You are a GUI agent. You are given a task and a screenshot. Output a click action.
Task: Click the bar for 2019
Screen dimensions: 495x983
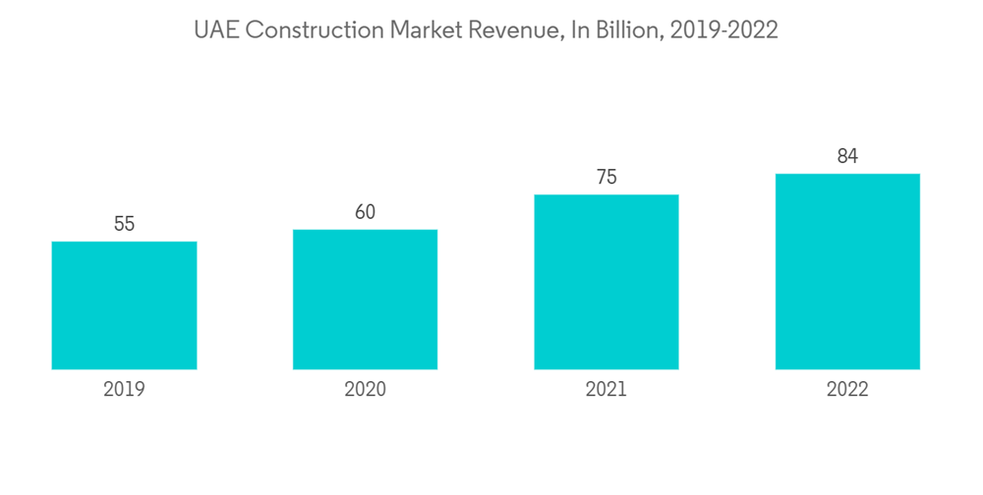124,305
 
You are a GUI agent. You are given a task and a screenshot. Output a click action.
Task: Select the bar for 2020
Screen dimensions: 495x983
365,300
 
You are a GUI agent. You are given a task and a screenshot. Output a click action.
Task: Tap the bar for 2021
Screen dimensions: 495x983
607,282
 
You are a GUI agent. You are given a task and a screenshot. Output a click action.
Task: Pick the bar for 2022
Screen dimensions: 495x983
847,271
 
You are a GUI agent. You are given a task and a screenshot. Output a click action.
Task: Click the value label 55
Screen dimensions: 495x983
124,224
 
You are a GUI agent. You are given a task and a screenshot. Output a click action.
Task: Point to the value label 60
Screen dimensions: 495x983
365,212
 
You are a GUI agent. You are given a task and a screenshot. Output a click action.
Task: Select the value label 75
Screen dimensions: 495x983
607,177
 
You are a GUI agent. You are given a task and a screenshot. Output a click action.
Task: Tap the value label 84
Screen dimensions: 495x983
847,156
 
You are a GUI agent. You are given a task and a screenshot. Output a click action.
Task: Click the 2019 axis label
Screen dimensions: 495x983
124,390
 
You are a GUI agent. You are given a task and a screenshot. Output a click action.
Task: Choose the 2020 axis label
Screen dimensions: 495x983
365,390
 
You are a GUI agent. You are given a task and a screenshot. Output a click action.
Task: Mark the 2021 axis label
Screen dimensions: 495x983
607,390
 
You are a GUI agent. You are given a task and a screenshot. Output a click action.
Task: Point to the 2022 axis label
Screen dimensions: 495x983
847,390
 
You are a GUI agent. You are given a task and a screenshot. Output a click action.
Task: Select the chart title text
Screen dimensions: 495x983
487,30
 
